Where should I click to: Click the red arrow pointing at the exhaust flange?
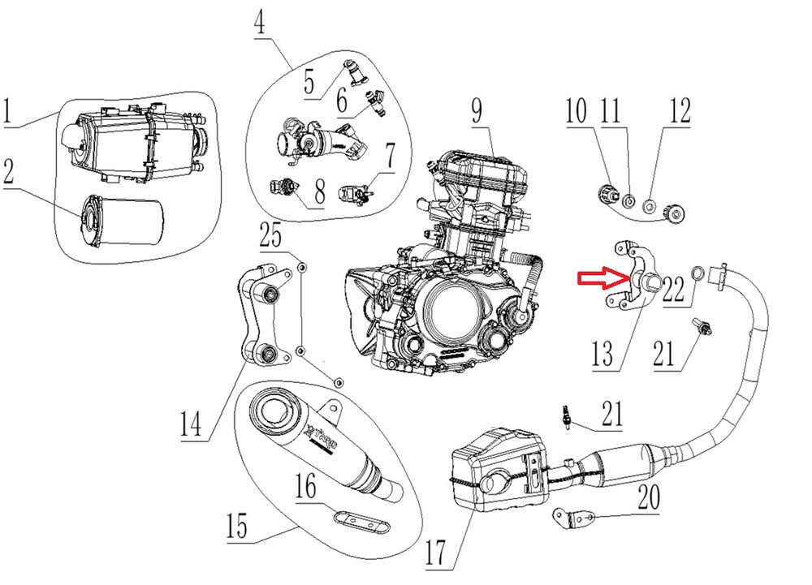pos(602,280)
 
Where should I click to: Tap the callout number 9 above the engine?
pos(477,113)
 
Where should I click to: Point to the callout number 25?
pos(271,237)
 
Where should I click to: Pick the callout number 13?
pos(604,355)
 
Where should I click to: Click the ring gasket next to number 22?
pos(698,272)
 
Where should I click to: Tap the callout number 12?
pos(678,111)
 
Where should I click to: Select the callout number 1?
pos(9,111)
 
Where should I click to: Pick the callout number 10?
pos(577,111)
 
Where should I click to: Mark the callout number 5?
pos(309,82)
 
